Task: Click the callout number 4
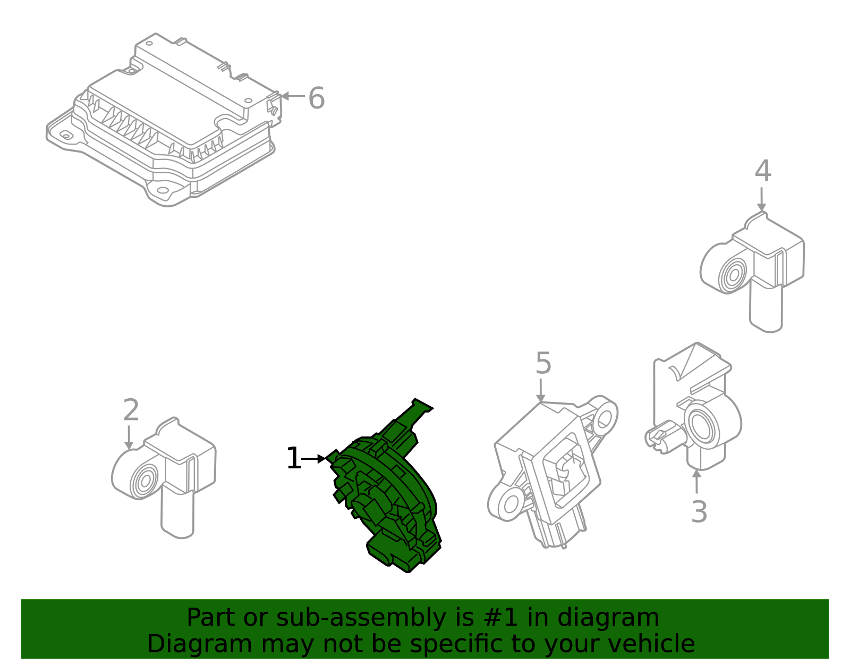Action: (x=763, y=171)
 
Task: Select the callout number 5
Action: (x=543, y=363)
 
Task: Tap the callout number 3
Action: (x=699, y=511)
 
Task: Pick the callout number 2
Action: (x=131, y=410)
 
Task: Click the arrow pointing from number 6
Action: (x=293, y=96)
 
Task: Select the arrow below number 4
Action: (x=761, y=199)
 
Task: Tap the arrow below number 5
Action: (x=541, y=391)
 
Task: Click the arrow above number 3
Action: (x=696, y=481)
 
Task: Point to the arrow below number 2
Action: (x=129, y=438)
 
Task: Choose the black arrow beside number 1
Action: (x=314, y=459)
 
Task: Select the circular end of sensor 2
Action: (x=144, y=481)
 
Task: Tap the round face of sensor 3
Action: (x=702, y=425)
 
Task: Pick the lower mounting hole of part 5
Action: (x=511, y=505)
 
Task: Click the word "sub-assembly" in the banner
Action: (x=361, y=618)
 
